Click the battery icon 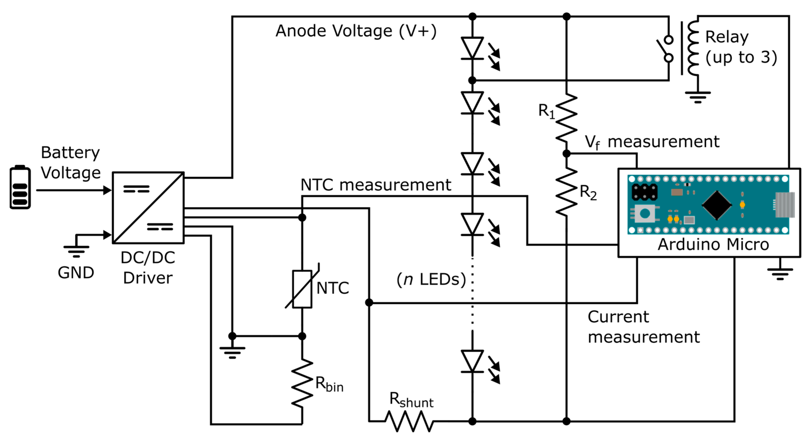click(20, 187)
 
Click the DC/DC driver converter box click(148, 208)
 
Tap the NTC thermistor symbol click(302, 288)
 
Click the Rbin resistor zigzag click(302, 383)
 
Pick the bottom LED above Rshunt click(472, 361)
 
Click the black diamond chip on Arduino click(717, 205)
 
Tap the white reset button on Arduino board click(645, 214)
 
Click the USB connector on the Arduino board click(784, 205)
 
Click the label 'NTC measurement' click(376, 185)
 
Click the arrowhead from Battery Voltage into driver click(107, 190)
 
